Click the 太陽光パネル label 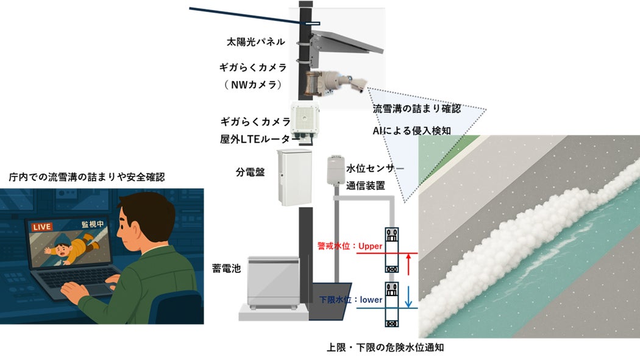(x=255, y=43)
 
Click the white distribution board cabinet (x=294, y=176)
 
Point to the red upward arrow (x=408, y=266)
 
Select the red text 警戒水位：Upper (x=349, y=246)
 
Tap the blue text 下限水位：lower (x=351, y=299)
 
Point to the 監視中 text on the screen (x=90, y=224)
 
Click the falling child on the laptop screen (x=71, y=250)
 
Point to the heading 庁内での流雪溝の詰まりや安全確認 (x=87, y=177)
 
